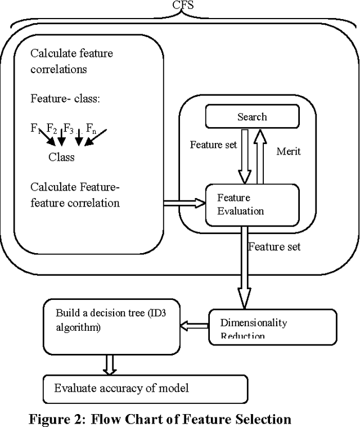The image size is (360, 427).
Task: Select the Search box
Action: pyautogui.click(x=251, y=117)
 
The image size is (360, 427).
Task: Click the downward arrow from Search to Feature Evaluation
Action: pyautogui.click(x=244, y=156)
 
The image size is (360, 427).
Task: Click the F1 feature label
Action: pyautogui.click(x=35, y=129)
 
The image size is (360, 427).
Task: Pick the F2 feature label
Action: pyautogui.click(x=52, y=129)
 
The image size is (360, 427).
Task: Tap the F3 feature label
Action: pyautogui.click(x=68, y=129)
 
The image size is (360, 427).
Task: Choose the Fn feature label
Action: pyautogui.click(x=91, y=129)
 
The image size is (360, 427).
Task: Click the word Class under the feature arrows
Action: pyautogui.click(x=61, y=157)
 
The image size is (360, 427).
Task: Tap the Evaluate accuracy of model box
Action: pyautogui.click(x=145, y=388)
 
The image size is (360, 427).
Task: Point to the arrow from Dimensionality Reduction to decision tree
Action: pyautogui.click(x=194, y=325)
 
